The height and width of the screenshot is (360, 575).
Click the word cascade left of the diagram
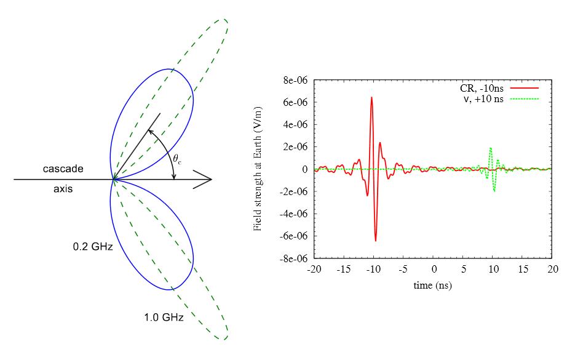63,169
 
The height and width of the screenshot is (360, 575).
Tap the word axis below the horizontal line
63,189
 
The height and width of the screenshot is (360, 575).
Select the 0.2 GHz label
92,247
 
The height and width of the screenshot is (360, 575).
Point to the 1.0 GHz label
164,318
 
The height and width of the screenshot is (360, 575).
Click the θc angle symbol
177,159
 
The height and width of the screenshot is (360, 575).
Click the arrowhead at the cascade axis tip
205,180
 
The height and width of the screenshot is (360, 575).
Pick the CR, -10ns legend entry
482,89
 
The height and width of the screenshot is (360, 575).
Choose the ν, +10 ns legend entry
482,99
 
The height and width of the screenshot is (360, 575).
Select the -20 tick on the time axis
314,270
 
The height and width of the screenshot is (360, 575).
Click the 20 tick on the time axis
553,270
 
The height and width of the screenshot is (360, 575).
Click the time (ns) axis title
433,285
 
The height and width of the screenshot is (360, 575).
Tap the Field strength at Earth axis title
259,170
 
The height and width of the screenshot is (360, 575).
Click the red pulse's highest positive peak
371,97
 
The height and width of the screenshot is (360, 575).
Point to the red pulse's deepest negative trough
375,240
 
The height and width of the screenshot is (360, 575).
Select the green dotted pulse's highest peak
490,148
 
